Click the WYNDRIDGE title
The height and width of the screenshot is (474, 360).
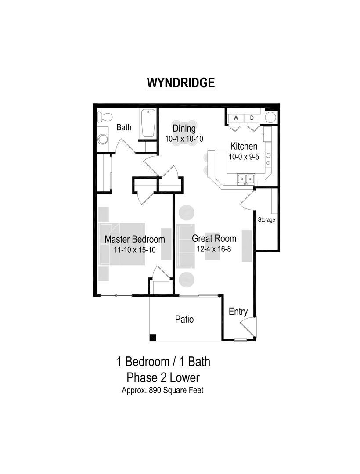coord(180,83)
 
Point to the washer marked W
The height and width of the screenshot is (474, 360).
coord(236,118)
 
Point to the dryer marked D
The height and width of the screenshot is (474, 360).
coord(252,118)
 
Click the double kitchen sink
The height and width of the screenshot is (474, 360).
coord(245,178)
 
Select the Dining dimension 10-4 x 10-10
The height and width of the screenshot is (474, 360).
coord(184,139)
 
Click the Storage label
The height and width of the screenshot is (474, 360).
coord(266,219)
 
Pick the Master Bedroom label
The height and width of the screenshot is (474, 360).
coord(135,239)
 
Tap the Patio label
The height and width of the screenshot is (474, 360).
coord(184,319)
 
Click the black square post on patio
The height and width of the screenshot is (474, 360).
coord(153,337)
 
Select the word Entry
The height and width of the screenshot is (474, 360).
coord(238,312)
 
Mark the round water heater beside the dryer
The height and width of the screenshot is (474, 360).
coord(271,118)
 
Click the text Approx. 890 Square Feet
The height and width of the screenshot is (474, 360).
coord(162,390)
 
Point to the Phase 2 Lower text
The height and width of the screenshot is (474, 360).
coord(163,377)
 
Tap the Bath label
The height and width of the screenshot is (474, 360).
coord(124,128)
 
